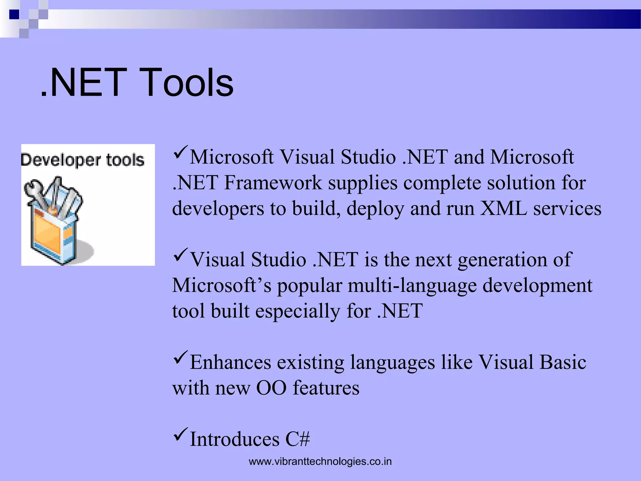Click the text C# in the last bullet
[297, 439]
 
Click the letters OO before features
[271, 388]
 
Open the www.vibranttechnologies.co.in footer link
[320, 462]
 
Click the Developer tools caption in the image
[83, 160]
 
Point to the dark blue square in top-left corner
[14, 14]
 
